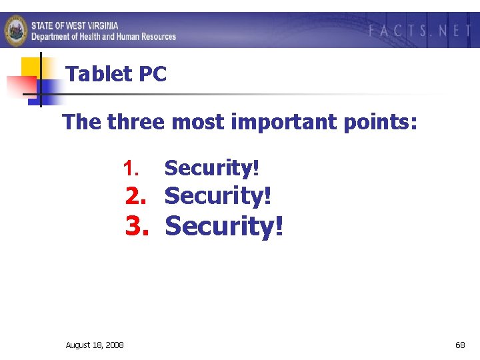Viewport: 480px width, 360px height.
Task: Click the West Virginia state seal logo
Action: pos(16,30)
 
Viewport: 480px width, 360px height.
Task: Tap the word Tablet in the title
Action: pos(99,74)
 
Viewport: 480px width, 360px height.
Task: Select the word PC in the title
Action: pos(153,74)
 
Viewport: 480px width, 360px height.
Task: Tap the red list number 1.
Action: pos(129,168)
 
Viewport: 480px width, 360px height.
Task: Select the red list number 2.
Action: pos(136,196)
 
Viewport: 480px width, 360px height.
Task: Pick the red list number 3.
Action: pos(136,226)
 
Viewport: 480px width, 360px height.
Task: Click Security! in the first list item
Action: pos(211,168)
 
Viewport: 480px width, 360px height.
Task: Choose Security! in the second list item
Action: pos(217,196)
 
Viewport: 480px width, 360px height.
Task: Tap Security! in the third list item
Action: pos(224,226)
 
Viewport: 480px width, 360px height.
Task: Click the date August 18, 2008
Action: pos(94,345)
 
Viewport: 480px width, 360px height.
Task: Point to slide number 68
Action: pos(460,345)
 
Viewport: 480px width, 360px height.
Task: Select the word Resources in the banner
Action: pos(155,36)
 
